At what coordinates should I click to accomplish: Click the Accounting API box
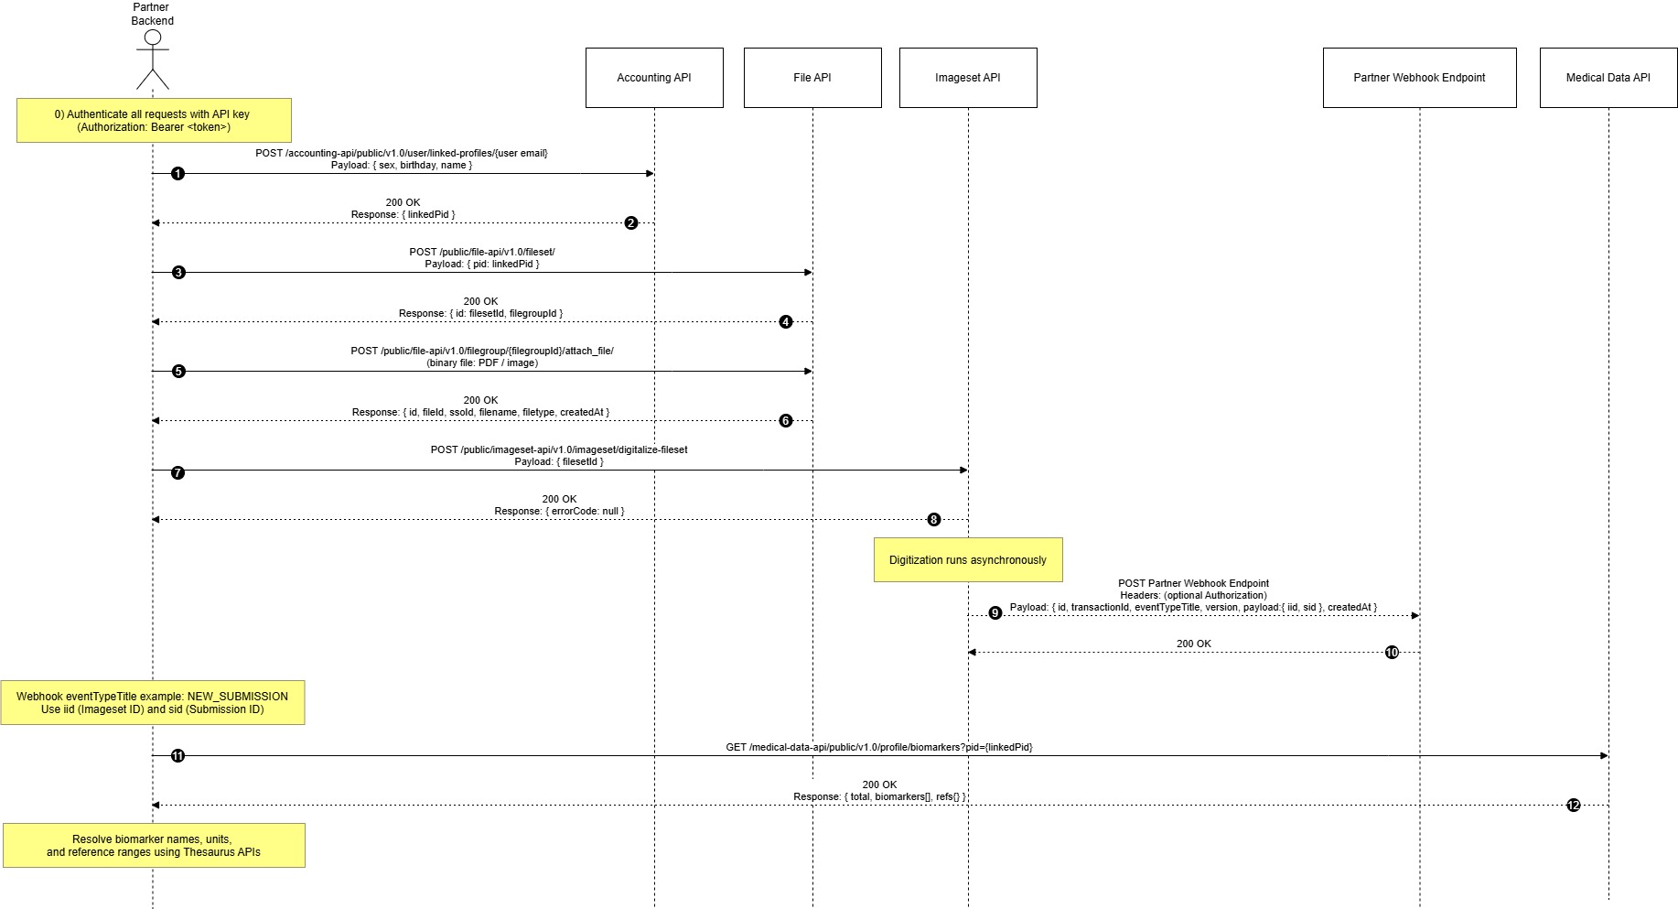[x=654, y=78]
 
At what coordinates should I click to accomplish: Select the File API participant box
[x=812, y=78]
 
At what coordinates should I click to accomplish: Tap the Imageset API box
[x=968, y=78]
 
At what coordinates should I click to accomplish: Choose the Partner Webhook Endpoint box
[x=1419, y=78]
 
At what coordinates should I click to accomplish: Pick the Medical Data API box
[x=1608, y=78]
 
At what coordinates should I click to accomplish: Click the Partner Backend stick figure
[x=153, y=60]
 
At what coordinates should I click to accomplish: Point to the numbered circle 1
[x=177, y=174]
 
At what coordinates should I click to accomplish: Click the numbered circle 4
[x=786, y=322]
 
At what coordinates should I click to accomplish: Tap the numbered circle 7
[x=177, y=473]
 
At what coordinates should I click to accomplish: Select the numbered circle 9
[x=995, y=613]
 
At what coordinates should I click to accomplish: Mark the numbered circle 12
[x=1573, y=806]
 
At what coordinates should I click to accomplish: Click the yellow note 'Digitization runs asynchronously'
[x=968, y=560]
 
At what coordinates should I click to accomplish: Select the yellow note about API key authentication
[x=154, y=121]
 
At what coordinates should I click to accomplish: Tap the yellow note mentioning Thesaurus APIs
[x=154, y=846]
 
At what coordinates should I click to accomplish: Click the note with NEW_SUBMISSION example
[x=152, y=703]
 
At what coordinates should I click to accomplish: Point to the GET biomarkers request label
[x=878, y=747]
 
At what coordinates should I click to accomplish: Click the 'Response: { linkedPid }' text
[x=403, y=215]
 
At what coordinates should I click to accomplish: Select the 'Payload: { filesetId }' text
[x=558, y=462]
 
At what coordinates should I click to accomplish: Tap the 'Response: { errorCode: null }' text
[x=559, y=512]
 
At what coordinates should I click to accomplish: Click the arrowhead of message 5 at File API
[x=808, y=372]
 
